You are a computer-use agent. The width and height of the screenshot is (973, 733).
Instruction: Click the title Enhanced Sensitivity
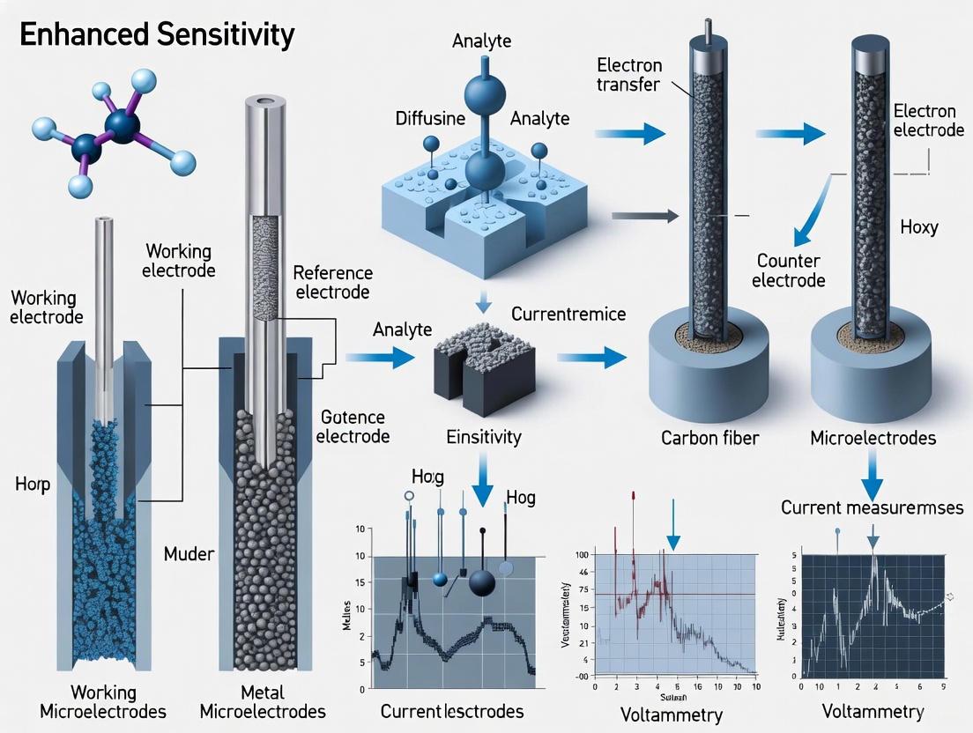point(157,34)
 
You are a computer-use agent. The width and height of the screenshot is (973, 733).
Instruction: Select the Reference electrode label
point(332,282)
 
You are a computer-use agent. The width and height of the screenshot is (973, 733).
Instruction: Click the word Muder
point(189,554)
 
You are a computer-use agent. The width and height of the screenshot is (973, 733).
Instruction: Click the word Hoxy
point(918,227)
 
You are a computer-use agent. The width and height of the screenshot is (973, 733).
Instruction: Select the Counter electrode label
point(791,270)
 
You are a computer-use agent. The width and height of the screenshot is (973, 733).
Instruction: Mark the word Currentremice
point(568,314)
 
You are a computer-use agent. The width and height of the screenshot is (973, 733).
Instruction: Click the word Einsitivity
point(483,436)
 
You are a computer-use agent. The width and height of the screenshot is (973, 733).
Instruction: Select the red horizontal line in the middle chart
point(687,594)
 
